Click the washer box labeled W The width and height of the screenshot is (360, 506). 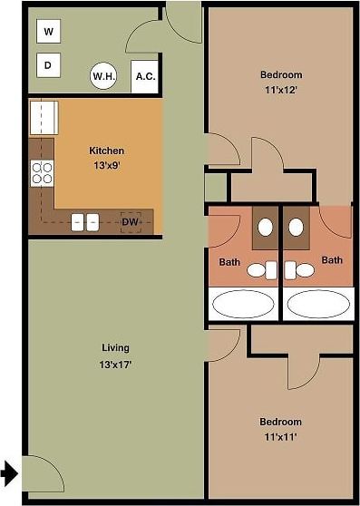point(49,33)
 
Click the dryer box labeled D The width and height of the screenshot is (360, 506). point(49,65)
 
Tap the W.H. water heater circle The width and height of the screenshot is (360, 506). point(102,77)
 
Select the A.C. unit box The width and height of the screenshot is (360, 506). point(145,77)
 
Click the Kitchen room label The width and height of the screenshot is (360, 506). point(106,151)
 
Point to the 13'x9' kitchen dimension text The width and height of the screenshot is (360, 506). point(106,166)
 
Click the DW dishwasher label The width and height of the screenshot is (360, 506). point(131,221)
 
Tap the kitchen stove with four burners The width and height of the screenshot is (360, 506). point(42,172)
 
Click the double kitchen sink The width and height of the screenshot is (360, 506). point(85,221)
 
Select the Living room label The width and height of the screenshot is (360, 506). point(115,347)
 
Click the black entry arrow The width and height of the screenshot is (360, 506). point(9,472)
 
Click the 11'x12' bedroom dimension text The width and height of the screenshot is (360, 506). point(280,90)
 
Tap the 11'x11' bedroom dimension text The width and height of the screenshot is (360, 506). point(280,437)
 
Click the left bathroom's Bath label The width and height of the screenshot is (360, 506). point(229,263)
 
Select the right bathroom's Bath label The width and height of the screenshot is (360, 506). point(333,260)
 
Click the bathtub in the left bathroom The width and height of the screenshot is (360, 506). point(243,304)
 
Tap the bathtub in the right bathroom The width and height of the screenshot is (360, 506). point(317,304)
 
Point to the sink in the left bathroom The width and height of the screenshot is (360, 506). point(266,228)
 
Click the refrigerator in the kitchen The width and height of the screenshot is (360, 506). point(44,118)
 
